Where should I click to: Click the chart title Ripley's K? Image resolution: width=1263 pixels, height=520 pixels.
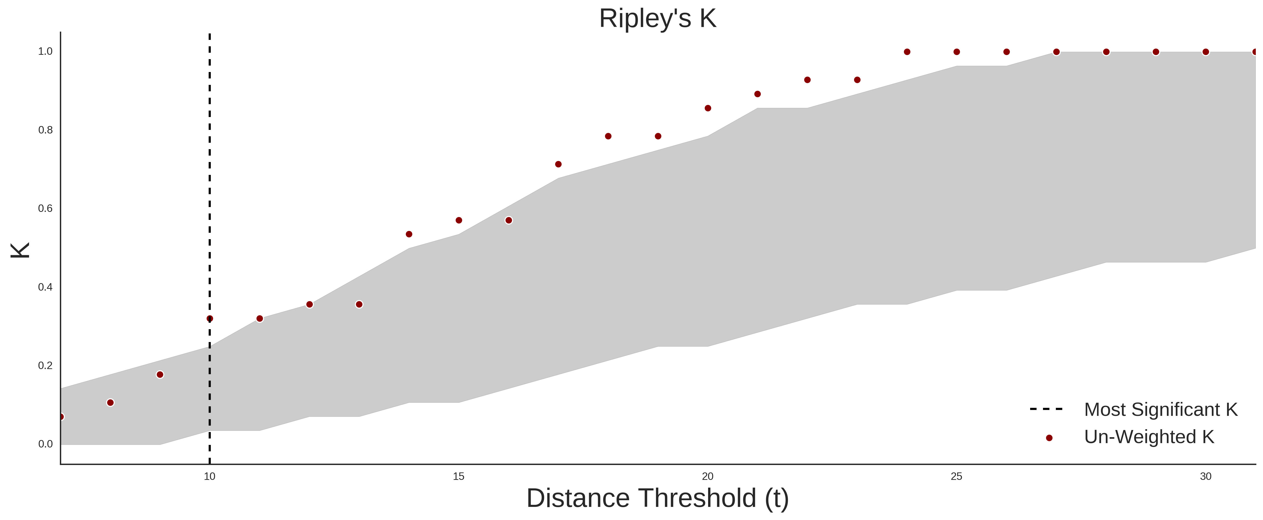(x=657, y=19)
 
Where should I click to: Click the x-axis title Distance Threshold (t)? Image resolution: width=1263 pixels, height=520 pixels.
(x=657, y=498)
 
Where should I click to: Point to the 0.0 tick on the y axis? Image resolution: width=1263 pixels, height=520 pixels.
(x=45, y=444)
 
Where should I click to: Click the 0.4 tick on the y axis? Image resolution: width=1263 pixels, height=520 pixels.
(x=45, y=287)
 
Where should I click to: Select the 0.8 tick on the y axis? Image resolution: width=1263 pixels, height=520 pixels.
(x=45, y=130)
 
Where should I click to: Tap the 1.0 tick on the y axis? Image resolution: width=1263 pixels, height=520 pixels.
(x=45, y=51)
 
